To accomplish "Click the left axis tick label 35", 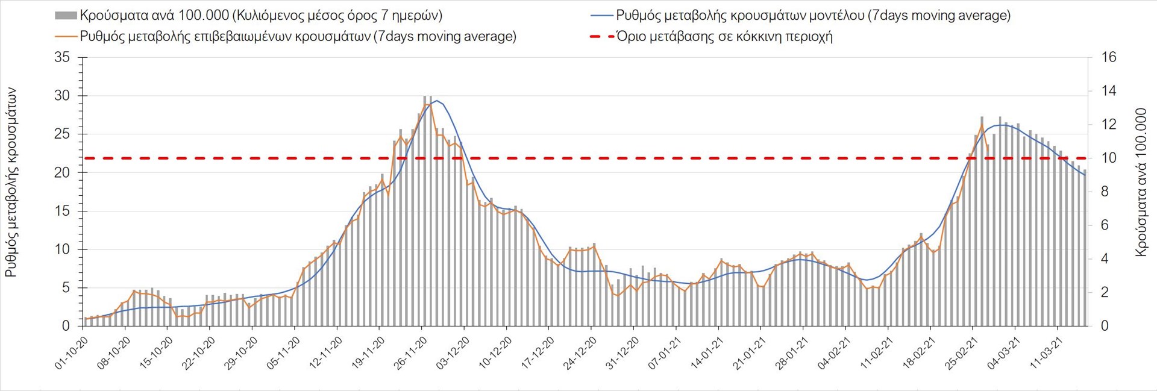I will pos(62,58).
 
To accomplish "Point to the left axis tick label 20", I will pos(62,173).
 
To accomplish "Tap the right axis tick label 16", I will pos(1109,58).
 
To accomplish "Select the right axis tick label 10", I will pos(1109,158).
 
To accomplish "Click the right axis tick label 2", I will pos(1105,293).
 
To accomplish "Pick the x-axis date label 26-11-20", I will pos(411,352).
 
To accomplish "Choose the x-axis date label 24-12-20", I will pos(580,352).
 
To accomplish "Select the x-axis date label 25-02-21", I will pos(961,352).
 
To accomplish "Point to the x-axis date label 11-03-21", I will pos(1046,352).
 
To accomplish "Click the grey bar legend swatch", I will pos(66,16).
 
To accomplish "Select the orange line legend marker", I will pos(66,37).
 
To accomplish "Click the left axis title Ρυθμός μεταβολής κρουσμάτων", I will pos(11,183).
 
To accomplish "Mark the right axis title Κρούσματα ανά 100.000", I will pos(1141,183).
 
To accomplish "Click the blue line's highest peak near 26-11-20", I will pos(437,101).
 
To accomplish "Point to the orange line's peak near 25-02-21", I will pos(982,125).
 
